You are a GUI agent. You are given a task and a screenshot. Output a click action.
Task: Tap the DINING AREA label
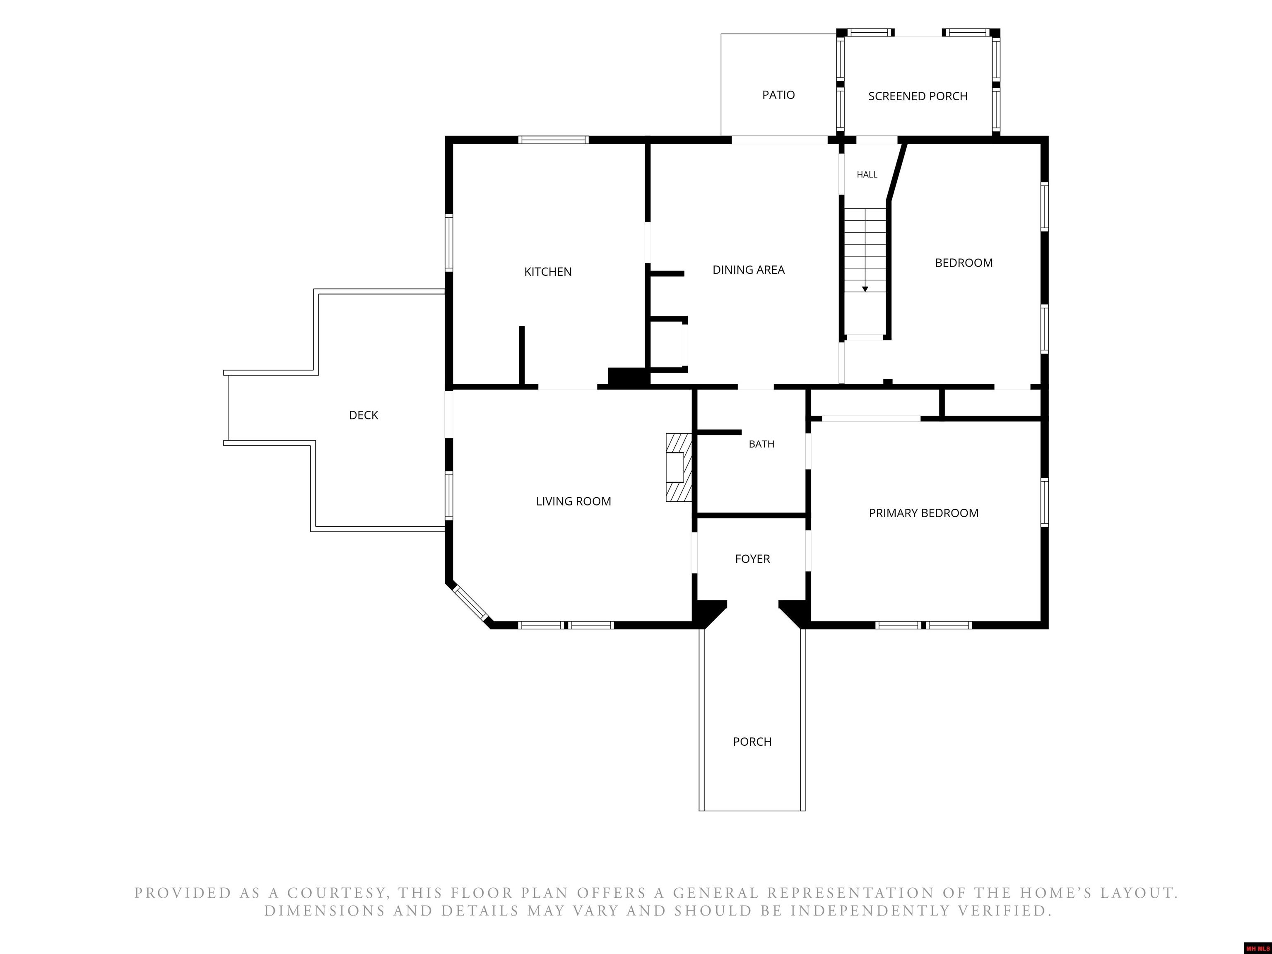click(x=748, y=270)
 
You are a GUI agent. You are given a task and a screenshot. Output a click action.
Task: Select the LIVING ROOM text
click(x=573, y=501)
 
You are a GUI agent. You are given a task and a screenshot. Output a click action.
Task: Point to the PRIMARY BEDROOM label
click(x=923, y=513)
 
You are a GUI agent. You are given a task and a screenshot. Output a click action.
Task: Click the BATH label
click(x=761, y=444)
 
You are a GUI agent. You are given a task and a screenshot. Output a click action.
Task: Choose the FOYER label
click(x=752, y=559)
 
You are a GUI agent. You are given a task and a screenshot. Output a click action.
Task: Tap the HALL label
click(x=867, y=174)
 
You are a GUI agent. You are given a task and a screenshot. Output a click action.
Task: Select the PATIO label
click(x=778, y=95)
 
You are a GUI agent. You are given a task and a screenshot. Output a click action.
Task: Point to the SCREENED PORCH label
click(x=918, y=96)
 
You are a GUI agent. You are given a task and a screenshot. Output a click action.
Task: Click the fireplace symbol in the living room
click(x=679, y=467)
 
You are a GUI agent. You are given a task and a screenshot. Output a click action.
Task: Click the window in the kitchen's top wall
click(x=553, y=140)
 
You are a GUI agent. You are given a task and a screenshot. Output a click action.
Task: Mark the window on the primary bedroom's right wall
click(x=1044, y=502)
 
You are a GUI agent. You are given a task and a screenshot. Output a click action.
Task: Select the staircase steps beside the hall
click(x=865, y=250)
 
